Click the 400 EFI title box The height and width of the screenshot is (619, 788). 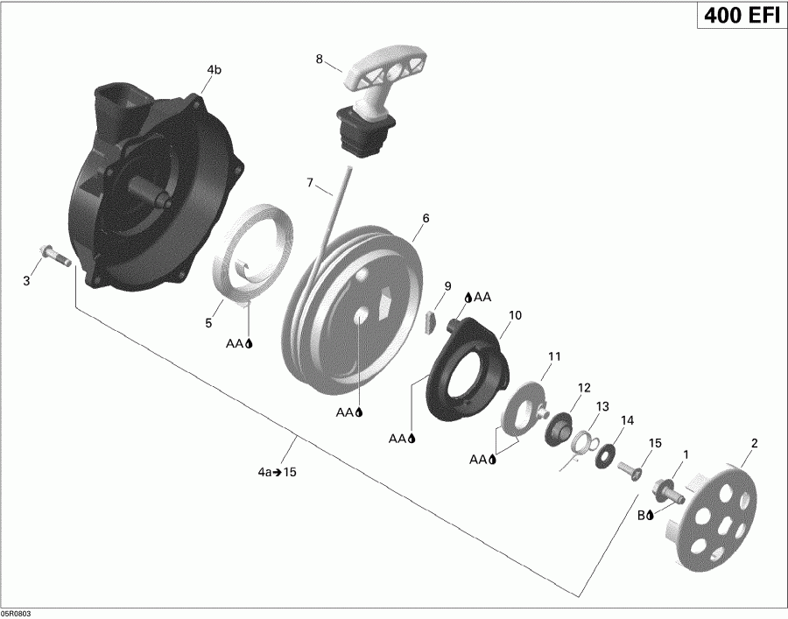(740, 17)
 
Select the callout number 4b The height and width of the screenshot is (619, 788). (214, 70)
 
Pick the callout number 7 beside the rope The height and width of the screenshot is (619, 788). (310, 182)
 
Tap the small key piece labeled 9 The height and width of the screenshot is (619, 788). (430, 320)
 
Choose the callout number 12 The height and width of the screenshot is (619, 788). (583, 387)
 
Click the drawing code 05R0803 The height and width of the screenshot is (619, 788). (18, 613)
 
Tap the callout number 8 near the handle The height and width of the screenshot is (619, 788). (320, 60)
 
